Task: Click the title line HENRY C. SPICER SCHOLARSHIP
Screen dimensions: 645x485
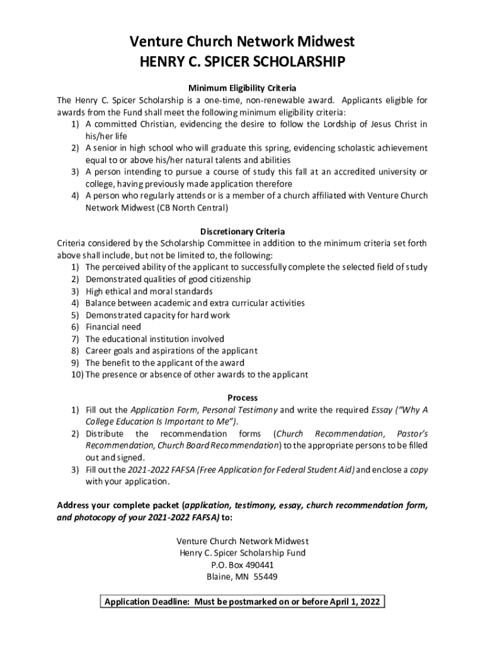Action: (x=242, y=62)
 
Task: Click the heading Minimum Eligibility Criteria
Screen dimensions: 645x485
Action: (x=242, y=88)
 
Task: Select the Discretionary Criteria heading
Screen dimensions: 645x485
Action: (x=242, y=231)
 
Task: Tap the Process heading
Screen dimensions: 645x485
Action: (x=242, y=398)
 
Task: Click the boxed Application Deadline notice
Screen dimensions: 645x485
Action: (x=242, y=602)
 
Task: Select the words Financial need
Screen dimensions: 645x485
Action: (x=113, y=327)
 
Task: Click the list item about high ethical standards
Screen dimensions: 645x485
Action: (x=149, y=291)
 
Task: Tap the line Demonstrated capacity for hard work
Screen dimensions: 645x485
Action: (x=157, y=315)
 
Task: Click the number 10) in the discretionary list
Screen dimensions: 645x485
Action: (x=77, y=375)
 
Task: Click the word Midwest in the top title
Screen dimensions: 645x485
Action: (x=324, y=42)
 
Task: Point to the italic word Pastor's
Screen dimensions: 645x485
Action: (x=413, y=434)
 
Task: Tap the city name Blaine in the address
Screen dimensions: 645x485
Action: (x=219, y=577)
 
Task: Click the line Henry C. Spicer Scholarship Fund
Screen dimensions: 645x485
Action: (x=242, y=553)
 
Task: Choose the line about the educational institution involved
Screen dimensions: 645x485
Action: (x=154, y=339)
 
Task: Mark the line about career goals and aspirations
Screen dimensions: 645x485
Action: (x=171, y=351)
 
